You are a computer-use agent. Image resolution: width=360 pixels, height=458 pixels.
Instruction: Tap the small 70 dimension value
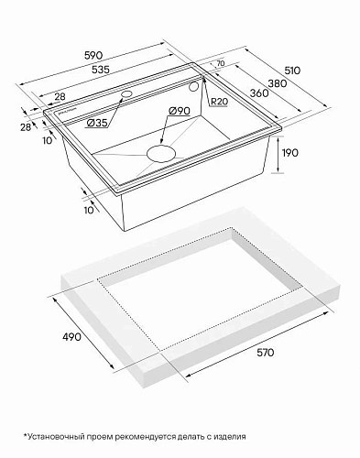pos(220,64)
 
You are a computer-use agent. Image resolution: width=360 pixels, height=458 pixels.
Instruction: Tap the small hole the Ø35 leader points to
pos(125,94)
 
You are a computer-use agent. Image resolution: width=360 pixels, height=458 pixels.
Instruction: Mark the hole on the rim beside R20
pos(194,84)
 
